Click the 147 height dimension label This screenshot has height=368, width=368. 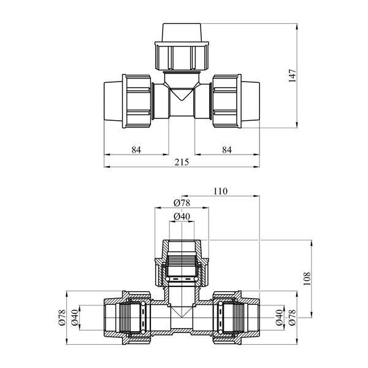(293, 75)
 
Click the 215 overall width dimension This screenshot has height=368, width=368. (182, 162)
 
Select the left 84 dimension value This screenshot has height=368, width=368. (136, 150)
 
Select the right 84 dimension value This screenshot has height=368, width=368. (227, 150)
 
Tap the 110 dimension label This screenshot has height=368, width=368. (220, 191)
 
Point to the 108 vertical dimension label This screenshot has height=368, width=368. (307, 278)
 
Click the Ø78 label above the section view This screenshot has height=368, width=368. (182, 203)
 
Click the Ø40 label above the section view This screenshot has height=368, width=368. (182, 217)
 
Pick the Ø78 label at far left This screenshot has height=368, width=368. (62, 318)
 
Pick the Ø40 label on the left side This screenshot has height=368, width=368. (75, 318)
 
